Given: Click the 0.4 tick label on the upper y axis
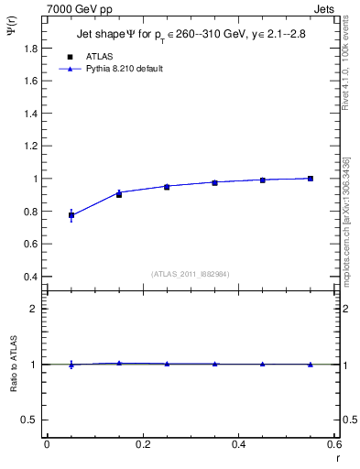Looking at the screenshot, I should [x=31, y=277].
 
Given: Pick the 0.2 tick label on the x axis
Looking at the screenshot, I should [x=142, y=444].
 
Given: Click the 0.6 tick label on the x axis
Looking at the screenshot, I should [x=334, y=444].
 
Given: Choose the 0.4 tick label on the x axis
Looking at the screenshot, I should [x=238, y=444].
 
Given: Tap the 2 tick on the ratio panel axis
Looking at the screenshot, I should [x=35, y=309].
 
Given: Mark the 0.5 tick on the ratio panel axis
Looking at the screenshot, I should [x=31, y=420].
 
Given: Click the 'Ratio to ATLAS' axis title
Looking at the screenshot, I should [x=14, y=364].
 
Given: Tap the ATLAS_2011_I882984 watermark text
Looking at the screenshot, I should [x=190, y=274].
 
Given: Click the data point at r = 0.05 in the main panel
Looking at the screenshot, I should [x=71, y=215].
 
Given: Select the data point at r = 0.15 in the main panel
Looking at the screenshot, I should [x=119, y=193].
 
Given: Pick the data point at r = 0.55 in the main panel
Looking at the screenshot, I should [x=311, y=179].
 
